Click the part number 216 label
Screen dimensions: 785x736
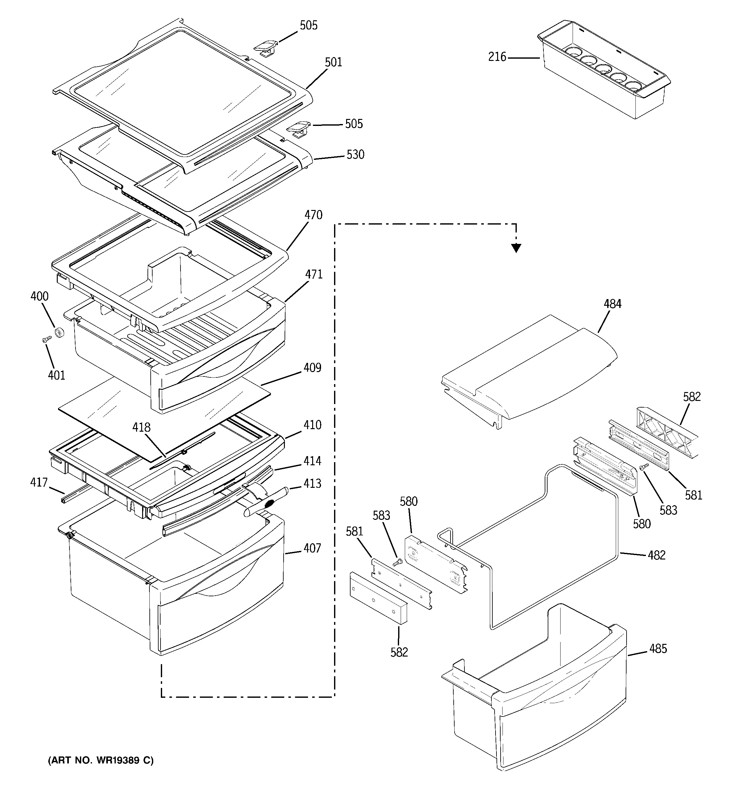(x=497, y=57)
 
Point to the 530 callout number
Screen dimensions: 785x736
(x=355, y=154)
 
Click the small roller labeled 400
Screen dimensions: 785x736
(x=60, y=332)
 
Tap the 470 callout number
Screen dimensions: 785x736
(x=313, y=215)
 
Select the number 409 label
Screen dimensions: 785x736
(x=312, y=368)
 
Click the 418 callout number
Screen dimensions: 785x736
(x=141, y=427)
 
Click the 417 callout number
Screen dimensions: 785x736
(x=39, y=482)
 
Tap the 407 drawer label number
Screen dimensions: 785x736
(x=312, y=548)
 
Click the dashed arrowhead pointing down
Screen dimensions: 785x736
(x=516, y=248)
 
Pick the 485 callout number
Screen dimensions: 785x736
(x=658, y=648)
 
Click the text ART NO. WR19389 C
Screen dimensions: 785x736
(x=101, y=760)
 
